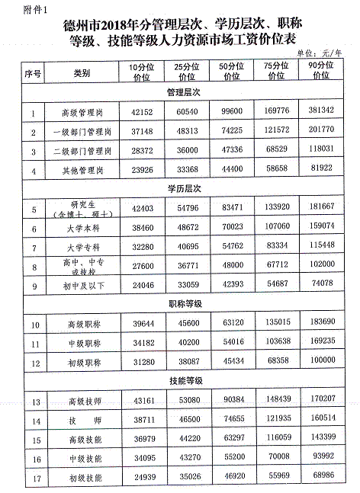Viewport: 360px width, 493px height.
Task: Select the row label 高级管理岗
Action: click(x=82, y=112)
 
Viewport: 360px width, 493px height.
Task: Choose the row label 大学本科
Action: click(x=82, y=228)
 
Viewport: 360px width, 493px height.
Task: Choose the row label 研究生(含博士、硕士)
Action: click(x=82, y=208)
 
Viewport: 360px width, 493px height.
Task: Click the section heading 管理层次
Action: click(x=183, y=91)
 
